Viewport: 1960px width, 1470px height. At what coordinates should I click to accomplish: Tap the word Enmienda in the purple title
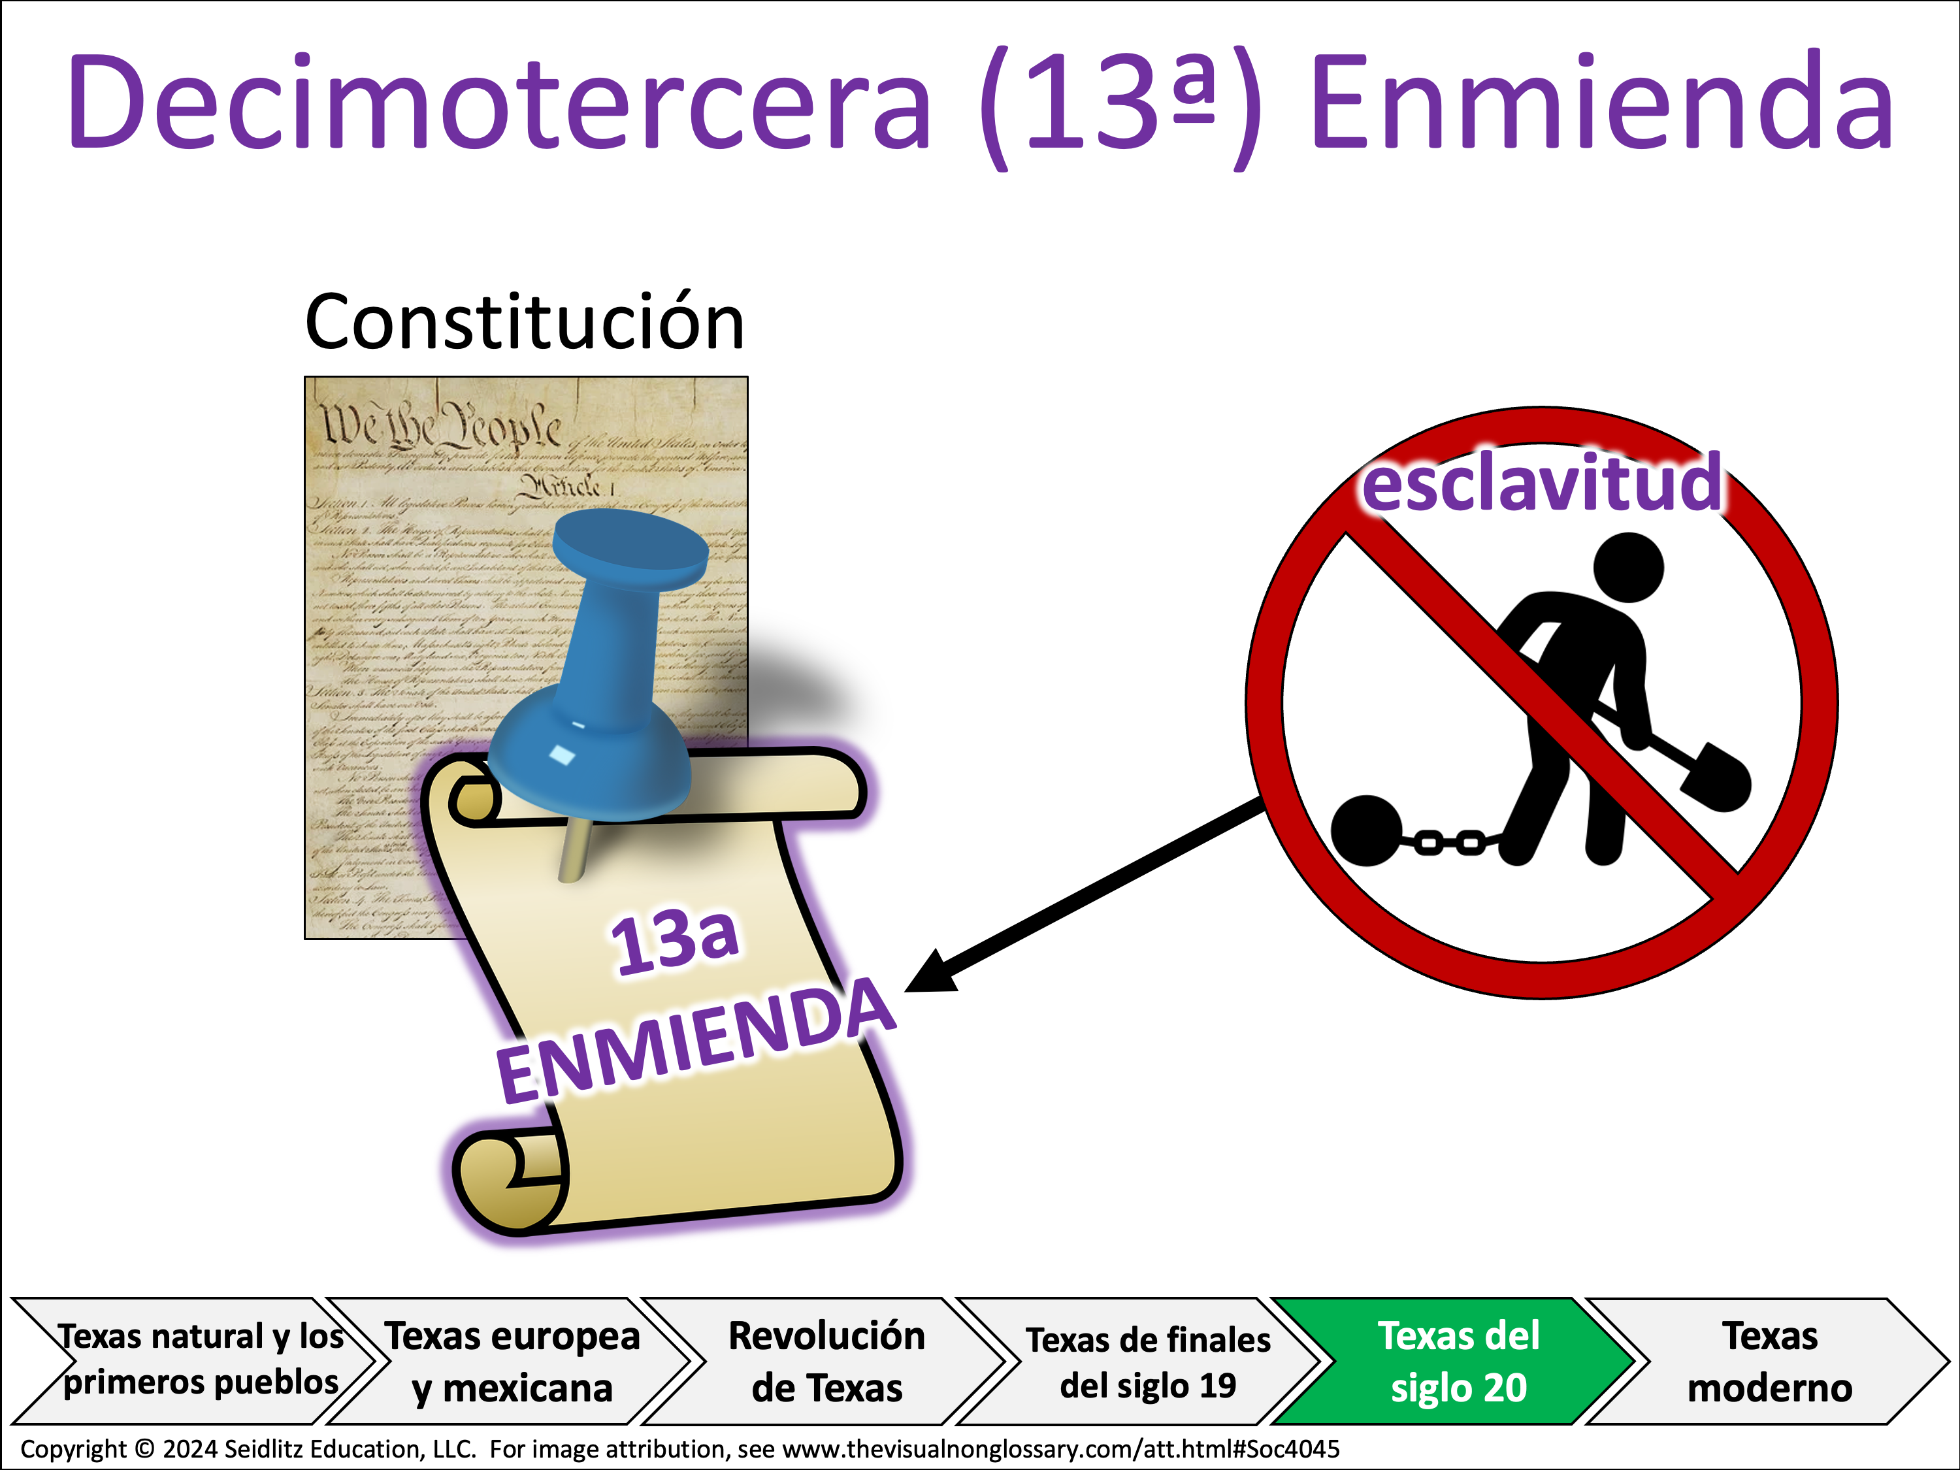click(x=1602, y=102)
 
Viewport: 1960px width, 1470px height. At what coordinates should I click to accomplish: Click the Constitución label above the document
click(x=525, y=323)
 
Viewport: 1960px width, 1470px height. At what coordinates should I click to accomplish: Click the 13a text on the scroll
click(x=674, y=942)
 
